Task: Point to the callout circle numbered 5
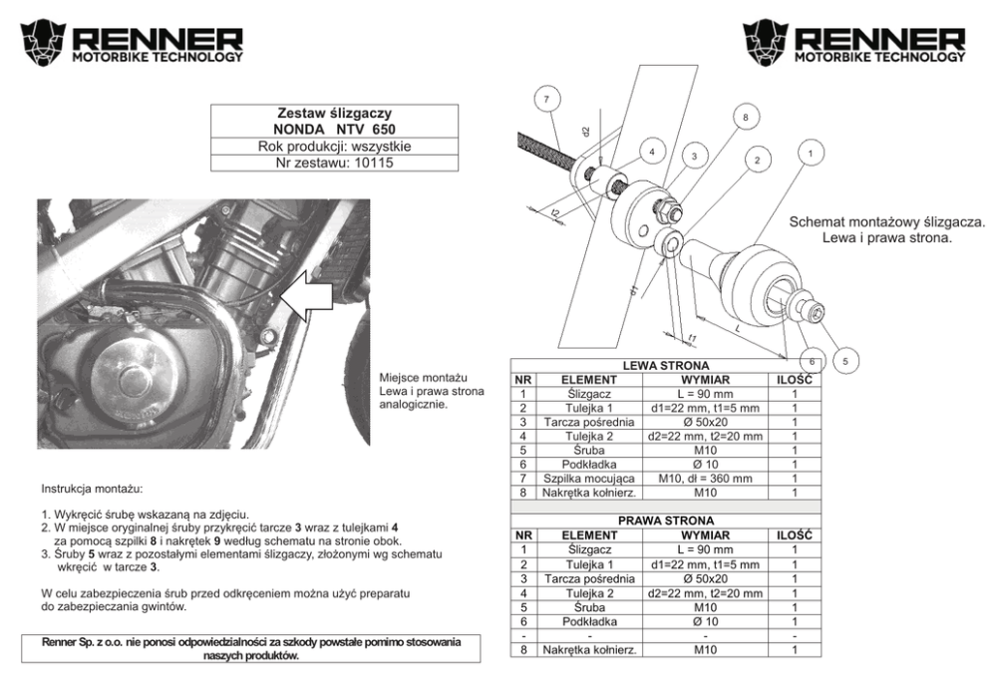pos(843,360)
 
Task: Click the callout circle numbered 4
pos(651,152)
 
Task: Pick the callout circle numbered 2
pos(757,160)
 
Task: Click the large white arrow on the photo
pos(306,296)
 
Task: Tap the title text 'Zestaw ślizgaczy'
pos(334,114)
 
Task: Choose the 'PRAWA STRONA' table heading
pos(666,521)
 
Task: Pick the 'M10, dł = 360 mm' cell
pos(705,478)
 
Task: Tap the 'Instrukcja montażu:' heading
pos(93,490)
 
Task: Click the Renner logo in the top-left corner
pos(131,43)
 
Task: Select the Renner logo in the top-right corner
pos(854,43)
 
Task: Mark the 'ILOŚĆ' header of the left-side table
pos(795,380)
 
